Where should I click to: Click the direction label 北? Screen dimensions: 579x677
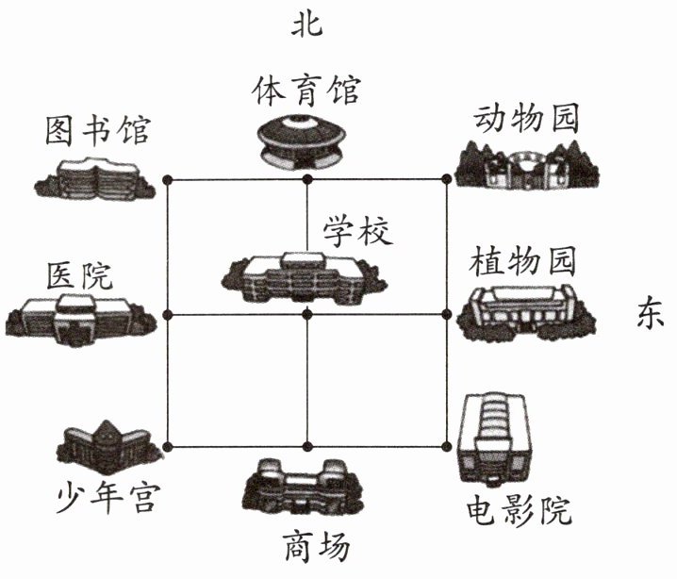click(308, 24)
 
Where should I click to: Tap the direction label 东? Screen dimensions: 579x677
click(649, 314)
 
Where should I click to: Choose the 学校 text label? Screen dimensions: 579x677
click(356, 229)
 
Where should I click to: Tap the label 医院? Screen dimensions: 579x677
click(79, 276)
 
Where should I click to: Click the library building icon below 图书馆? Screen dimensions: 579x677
click(97, 177)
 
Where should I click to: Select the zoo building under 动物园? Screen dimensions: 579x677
click(526, 166)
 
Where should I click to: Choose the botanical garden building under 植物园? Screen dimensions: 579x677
click(526, 311)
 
